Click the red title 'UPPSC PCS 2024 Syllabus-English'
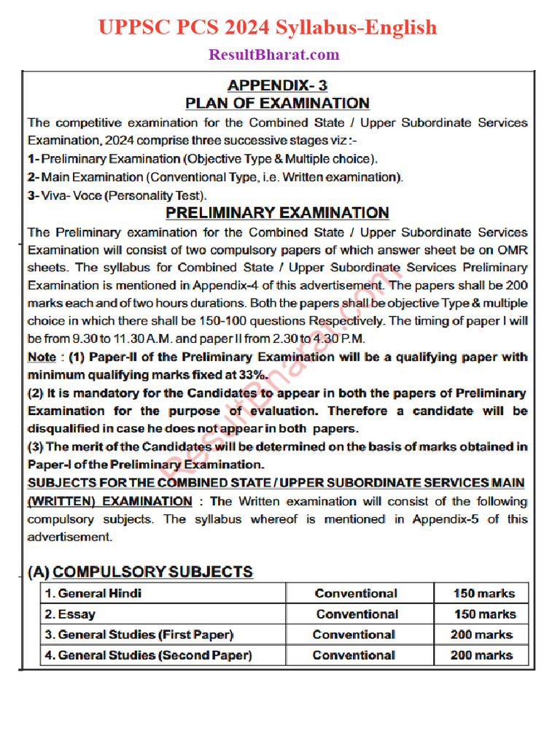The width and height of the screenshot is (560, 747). [x=268, y=28]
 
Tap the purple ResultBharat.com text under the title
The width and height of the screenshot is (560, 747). [x=274, y=55]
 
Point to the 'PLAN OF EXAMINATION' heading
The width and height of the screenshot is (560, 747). [x=277, y=103]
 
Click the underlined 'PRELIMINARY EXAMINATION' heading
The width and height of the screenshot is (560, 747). [x=277, y=213]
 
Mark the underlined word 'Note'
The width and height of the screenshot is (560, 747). [x=42, y=357]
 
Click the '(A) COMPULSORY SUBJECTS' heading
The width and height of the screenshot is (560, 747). [x=140, y=572]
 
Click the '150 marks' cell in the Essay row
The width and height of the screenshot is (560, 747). [x=485, y=614]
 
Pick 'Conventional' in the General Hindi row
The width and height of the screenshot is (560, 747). [x=356, y=594]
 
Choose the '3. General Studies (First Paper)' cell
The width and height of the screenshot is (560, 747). [x=139, y=635]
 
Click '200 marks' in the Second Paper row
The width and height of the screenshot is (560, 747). [x=481, y=655]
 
